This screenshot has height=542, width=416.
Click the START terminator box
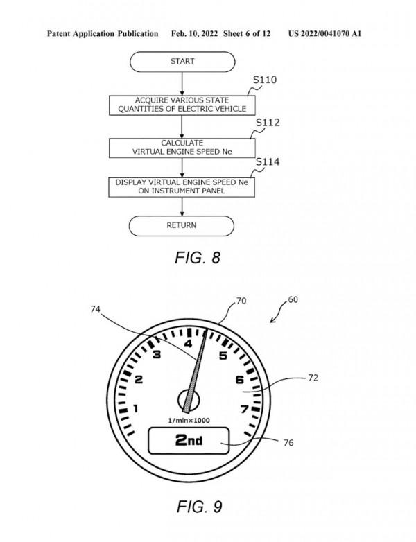coord(182,62)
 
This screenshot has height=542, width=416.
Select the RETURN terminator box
coord(182,225)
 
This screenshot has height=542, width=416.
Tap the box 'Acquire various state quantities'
coord(182,104)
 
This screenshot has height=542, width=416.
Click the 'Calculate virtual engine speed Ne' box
coord(182,147)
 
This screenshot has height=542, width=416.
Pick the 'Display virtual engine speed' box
coord(182,186)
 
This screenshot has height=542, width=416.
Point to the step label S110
coord(264,80)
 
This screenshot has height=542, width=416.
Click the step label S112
coord(268,123)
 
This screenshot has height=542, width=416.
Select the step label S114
coord(268,162)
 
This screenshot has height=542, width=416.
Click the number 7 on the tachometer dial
coord(244,409)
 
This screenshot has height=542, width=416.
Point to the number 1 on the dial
coord(135,409)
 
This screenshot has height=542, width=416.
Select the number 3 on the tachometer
coord(157,355)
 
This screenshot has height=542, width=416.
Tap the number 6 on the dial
coord(239,380)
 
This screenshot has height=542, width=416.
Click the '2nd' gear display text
coord(189,440)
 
